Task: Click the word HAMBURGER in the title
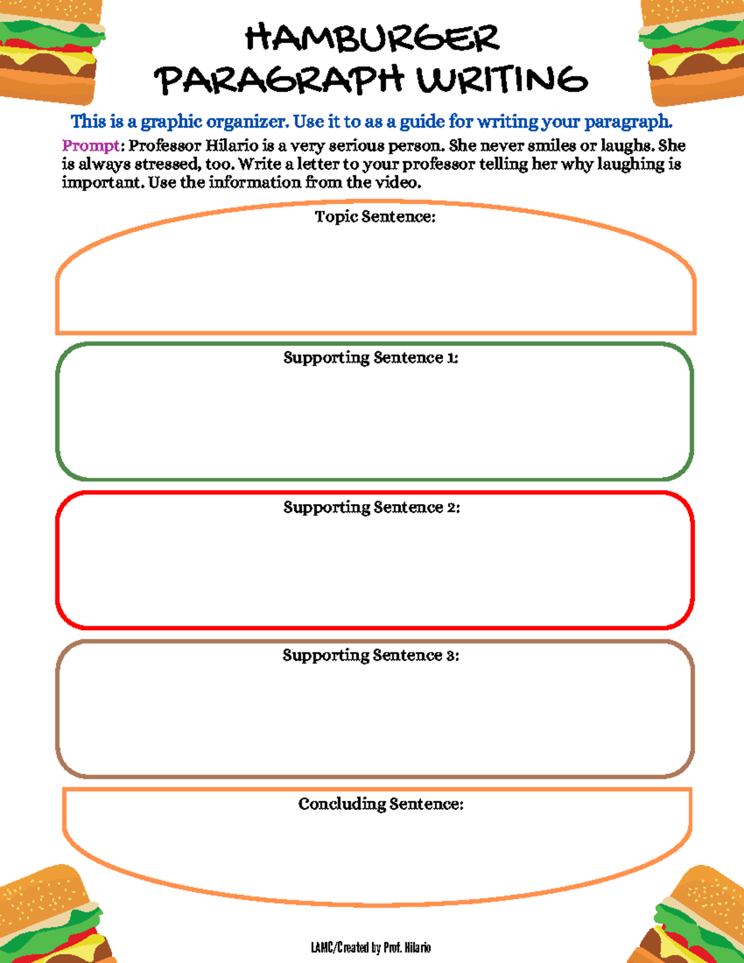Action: pos(372,38)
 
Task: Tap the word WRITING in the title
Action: pos(502,81)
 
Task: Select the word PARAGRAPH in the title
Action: pos(279,81)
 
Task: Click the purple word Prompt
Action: pos(91,146)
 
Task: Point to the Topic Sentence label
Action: pos(375,216)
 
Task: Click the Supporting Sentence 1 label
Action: pos(371,358)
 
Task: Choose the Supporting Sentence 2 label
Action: pos(371,507)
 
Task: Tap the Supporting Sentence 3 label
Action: pos(371,655)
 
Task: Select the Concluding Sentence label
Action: pos(381,804)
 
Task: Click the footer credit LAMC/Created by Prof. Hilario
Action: pos(371,947)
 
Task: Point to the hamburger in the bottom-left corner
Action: pos(50,918)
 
